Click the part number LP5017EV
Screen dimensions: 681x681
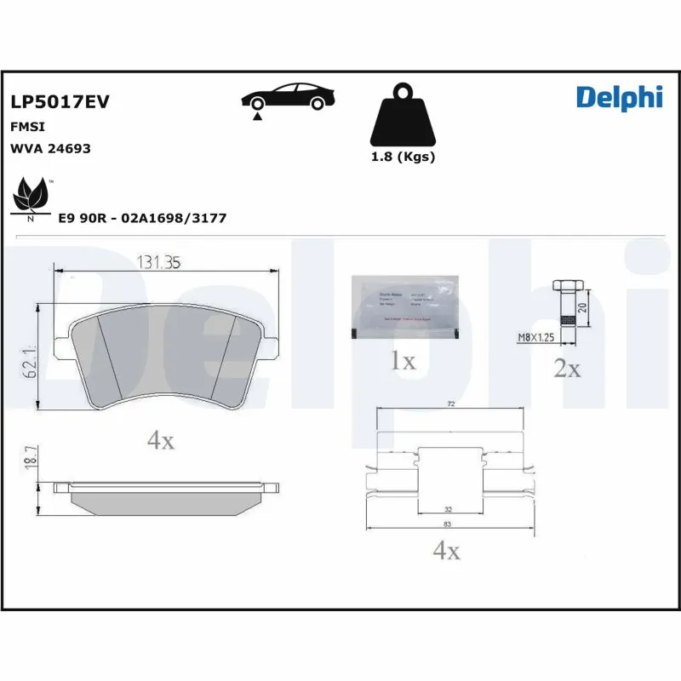point(60,102)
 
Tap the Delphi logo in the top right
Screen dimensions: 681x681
point(619,98)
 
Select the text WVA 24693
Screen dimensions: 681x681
point(50,148)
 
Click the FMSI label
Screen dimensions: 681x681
point(27,126)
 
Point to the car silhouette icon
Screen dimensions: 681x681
point(285,98)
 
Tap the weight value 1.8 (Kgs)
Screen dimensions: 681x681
point(403,157)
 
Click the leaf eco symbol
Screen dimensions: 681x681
point(31,195)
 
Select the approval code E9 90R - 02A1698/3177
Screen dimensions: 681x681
point(142,219)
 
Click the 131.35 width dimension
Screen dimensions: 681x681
point(159,263)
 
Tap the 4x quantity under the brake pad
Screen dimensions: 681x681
point(160,440)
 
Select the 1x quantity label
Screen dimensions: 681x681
point(403,361)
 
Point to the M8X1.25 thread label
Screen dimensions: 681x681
point(536,338)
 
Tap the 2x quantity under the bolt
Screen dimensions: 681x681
point(567,369)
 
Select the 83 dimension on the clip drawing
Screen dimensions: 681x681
point(447,524)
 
